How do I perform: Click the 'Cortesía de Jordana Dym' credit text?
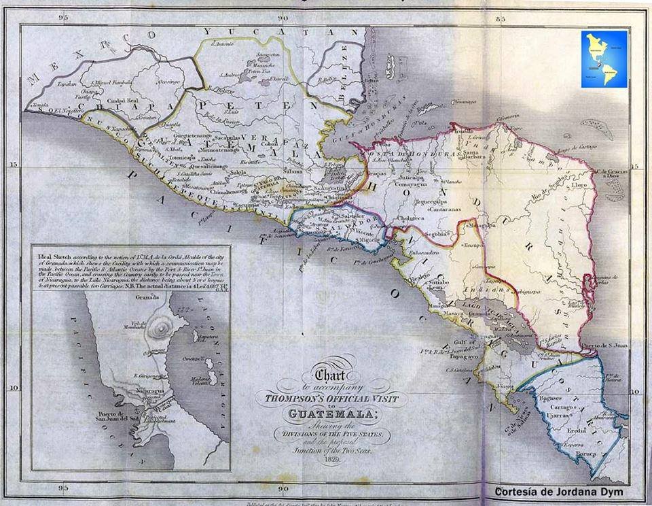[558, 491]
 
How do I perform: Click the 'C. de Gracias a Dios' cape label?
[613, 175]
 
